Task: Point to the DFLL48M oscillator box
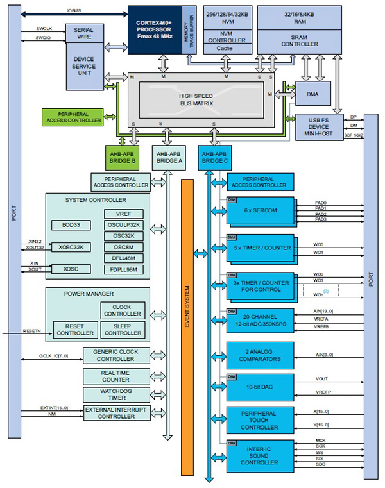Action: click(124, 258)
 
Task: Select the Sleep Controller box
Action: click(124, 330)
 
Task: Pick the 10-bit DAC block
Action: click(260, 387)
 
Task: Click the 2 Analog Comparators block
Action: click(260, 355)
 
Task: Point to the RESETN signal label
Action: click(32, 331)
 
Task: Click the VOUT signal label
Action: click(321, 379)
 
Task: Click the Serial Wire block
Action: click(83, 34)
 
